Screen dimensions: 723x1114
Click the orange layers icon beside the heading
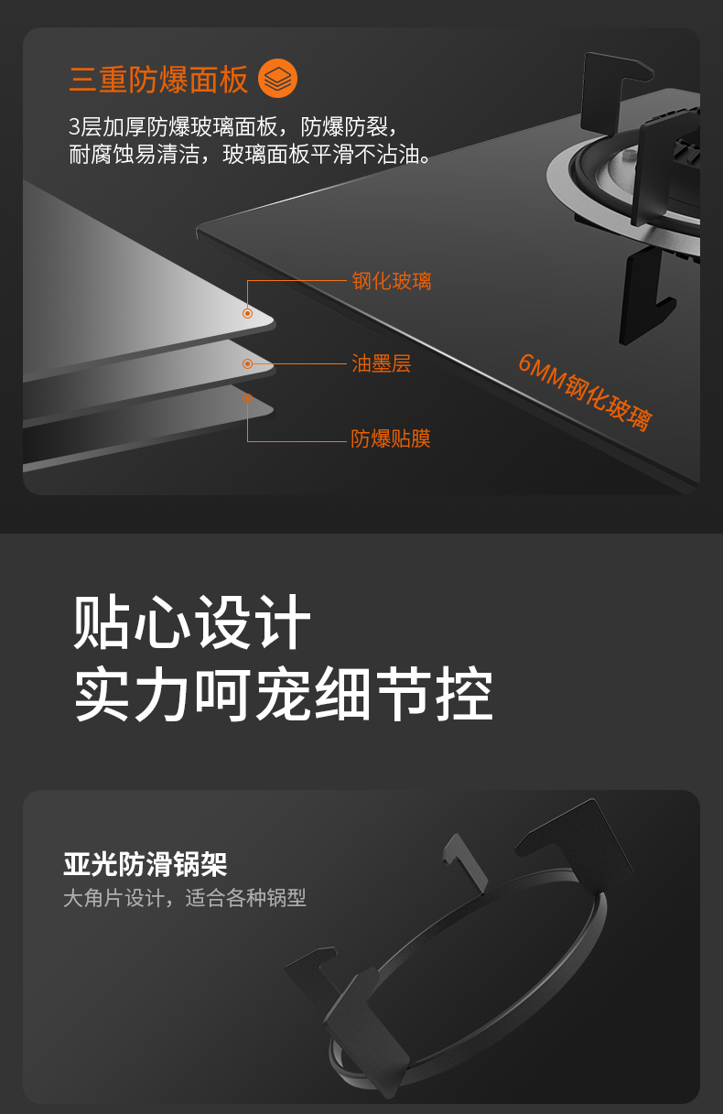tap(277, 78)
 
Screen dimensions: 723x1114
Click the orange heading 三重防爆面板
tap(158, 79)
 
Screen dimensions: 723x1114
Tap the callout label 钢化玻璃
tap(392, 281)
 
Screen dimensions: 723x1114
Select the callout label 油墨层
tap(381, 363)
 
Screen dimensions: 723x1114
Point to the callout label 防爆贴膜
tap(391, 438)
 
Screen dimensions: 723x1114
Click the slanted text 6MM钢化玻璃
tap(585, 392)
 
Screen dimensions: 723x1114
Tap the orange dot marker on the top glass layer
tap(247, 313)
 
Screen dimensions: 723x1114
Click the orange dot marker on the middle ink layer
tap(247, 364)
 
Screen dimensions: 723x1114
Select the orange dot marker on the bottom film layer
tap(247, 398)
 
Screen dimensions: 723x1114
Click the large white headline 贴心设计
tap(192, 622)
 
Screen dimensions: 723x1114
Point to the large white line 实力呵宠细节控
tap(284, 694)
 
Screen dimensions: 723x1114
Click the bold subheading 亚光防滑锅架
tap(146, 864)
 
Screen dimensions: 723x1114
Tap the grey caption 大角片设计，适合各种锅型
tap(185, 898)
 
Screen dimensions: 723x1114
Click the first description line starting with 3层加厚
tap(232, 126)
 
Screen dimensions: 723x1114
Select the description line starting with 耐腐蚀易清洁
tap(249, 154)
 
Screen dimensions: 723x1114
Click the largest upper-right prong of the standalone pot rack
tap(577, 841)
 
